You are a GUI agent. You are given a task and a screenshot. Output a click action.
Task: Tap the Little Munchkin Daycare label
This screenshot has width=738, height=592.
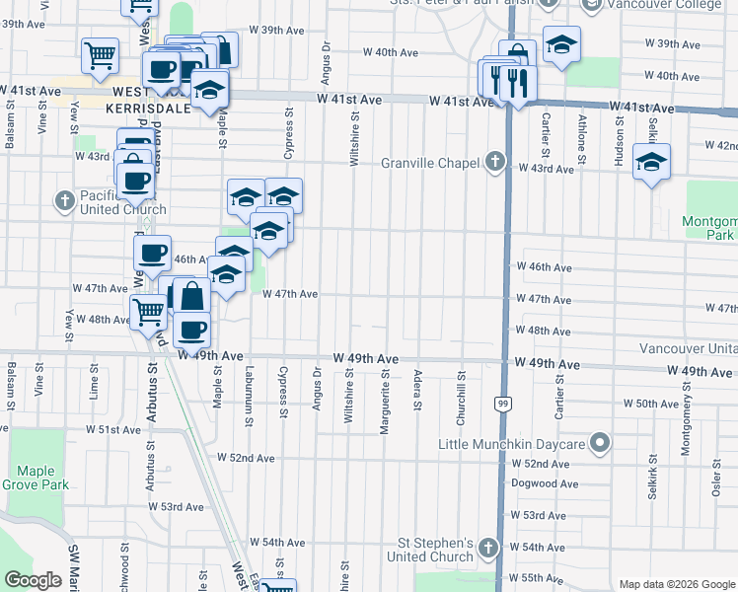click(513, 443)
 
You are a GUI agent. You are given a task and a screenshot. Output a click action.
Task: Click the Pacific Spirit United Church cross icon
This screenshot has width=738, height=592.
click(65, 201)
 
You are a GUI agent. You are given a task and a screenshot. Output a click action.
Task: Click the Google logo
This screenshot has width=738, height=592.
click(34, 580)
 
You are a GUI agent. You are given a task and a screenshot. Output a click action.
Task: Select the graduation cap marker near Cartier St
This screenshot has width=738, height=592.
click(561, 44)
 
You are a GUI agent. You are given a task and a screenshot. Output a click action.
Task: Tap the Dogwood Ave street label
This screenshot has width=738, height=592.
click(544, 483)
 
